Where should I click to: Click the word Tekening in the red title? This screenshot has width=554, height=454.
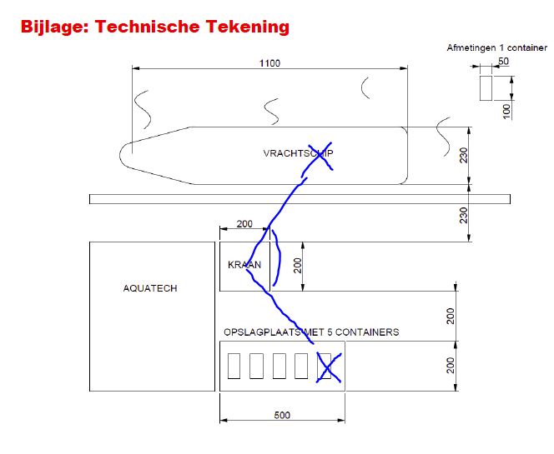tap(247, 27)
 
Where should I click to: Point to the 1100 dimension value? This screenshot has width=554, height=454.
tap(269, 63)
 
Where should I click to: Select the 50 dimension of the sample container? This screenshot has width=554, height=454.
tap(503, 61)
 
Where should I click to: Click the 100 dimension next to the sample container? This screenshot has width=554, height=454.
tap(506, 111)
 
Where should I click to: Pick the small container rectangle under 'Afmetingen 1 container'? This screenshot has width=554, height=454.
tap(486, 87)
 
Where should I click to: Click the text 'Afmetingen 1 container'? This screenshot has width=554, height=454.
tap(496, 47)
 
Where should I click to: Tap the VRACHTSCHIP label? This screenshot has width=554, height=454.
tap(298, 153)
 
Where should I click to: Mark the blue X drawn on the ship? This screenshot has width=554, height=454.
tap(320, 156)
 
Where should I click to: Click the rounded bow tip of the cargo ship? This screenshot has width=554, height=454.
tap(120, 155)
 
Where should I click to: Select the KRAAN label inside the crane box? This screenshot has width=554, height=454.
tap(244, 265)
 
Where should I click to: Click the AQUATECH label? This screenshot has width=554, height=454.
tap(150, 288)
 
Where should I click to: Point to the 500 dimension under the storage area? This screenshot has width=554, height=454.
tap(282, 415)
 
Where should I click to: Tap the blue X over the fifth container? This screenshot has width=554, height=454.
tap(329, 367)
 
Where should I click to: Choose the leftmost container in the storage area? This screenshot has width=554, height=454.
tap(234, 367)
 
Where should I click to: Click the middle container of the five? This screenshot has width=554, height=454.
tap(280, 367)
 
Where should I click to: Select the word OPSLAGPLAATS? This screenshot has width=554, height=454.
tap(262, 332)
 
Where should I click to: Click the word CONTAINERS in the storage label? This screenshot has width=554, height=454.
tap(367, 332)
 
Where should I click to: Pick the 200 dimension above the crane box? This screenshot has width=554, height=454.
tap(244, 224)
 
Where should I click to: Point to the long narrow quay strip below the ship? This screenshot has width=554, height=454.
tap(300, 199)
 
